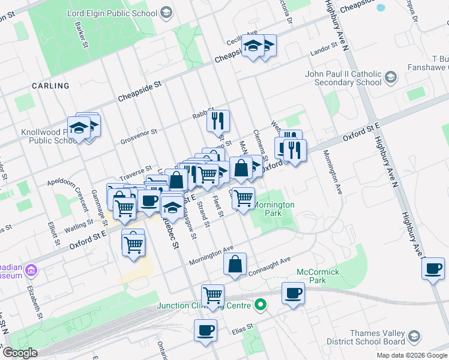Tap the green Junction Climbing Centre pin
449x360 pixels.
[x=260, y=305]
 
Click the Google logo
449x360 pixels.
[x=20, y=353]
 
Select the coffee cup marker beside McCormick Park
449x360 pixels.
[x=293, y=293]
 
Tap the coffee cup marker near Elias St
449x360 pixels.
[x=205, y=330]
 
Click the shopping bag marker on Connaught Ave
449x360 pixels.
[x=235, y=264]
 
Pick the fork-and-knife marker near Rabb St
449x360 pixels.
[x=218, y=120]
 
